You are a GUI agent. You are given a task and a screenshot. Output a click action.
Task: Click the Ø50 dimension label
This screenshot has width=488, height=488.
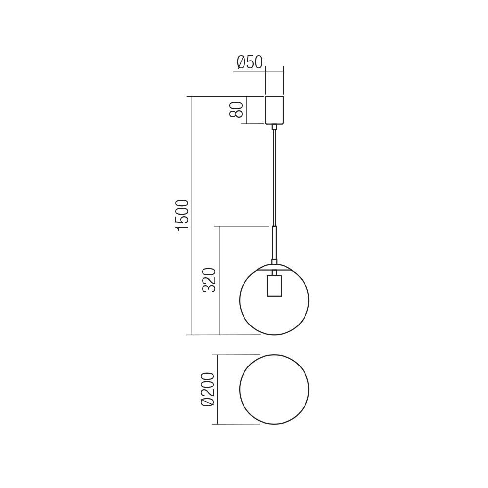point(249,62)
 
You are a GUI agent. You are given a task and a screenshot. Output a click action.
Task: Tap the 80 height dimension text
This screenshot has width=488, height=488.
point(236,110)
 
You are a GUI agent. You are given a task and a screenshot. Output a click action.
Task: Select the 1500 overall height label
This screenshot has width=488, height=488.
point(182,215)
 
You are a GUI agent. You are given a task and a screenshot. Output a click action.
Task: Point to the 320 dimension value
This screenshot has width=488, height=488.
point(209,280)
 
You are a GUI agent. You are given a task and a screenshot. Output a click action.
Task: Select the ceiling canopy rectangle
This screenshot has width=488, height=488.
point(274,110)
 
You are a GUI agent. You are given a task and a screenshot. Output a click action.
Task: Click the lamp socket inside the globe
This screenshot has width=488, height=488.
point(274,285)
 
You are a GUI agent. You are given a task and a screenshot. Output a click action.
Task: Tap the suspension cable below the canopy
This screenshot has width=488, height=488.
point(274,176)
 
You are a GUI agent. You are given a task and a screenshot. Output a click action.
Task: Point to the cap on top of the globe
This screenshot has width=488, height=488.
point(274,266)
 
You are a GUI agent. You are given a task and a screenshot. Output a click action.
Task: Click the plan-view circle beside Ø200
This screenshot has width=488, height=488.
point(274,389)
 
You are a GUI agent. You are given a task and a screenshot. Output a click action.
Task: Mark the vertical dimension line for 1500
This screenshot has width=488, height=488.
point(192,146)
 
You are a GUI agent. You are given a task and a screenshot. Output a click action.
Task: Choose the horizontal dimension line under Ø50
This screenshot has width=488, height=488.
point(259,72)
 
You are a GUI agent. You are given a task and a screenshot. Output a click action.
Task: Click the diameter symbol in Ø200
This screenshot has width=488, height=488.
point(207,402)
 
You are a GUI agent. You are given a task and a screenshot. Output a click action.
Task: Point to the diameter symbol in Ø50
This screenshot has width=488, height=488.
point(241,62)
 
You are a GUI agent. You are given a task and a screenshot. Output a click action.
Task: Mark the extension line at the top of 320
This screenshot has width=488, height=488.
point(244,226)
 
